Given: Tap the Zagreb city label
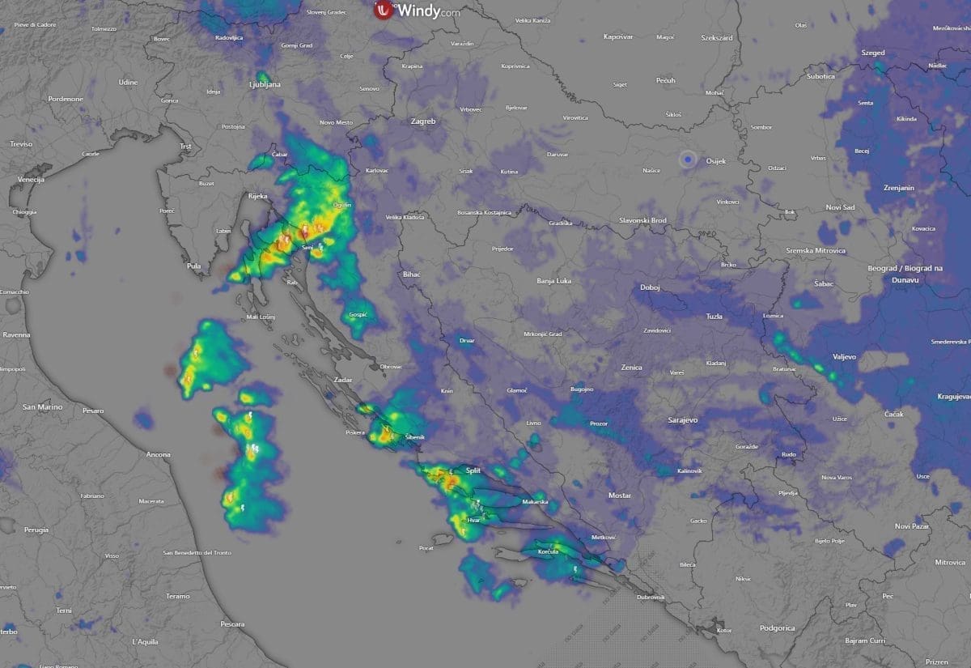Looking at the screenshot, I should (x=423, y=121).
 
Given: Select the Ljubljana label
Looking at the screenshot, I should (x=265, y=84).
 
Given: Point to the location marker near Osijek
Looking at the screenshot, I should (x=688, y=160).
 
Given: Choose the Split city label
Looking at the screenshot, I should (x=473, y=470).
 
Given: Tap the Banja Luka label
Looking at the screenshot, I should (x=554, y=282).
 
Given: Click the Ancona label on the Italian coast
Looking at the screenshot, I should (x=159, y=454).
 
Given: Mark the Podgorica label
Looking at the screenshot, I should (x=777, y=628).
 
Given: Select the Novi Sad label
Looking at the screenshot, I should (x=839, y=208).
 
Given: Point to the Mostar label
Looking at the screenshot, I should (x=619, y=495).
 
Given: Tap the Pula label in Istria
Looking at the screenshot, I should (x=193, y=266).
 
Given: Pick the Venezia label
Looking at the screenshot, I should (x=31, y=179).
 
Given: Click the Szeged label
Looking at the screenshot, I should (x=873, y=53).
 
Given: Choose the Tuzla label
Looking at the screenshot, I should (x=714, y=316).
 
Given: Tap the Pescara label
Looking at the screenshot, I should (x=232, y=624).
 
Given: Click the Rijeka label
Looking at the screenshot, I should (x=257, y=197).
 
